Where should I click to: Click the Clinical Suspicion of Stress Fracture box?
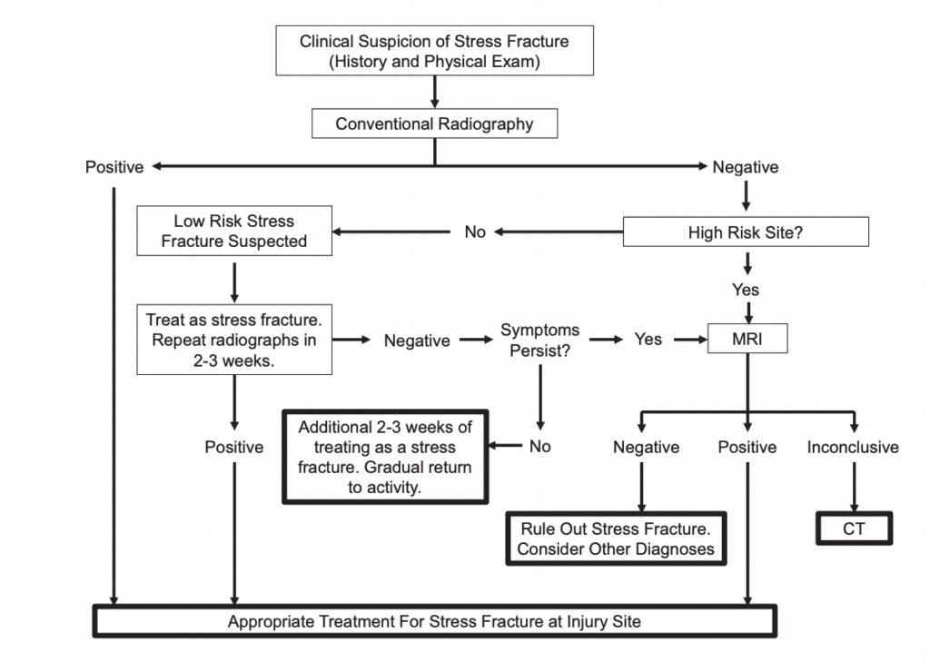[434, 51]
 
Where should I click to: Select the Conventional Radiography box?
[434, 124]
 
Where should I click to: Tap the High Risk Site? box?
[746, 232]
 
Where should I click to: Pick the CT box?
[854, 529]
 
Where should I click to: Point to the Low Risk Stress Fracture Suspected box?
[234, 232]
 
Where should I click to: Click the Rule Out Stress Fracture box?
[616, 538]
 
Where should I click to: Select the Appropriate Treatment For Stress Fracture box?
[434, 622]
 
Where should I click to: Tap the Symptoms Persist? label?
[539, 340]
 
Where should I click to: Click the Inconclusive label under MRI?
[853, 447]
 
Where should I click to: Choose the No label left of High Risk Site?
[475, 232]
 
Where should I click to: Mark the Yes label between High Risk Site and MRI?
[746, 291]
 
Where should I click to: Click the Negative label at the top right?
[745, 167]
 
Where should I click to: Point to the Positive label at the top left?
[114, 167]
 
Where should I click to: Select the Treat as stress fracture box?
[234, 340]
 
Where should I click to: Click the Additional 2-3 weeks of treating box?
[386, 457]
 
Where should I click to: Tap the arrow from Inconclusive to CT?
[854, 485]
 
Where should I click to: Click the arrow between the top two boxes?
[434, 92]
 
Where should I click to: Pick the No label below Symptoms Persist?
[539, 446]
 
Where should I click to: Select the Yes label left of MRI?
[648, 340]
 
